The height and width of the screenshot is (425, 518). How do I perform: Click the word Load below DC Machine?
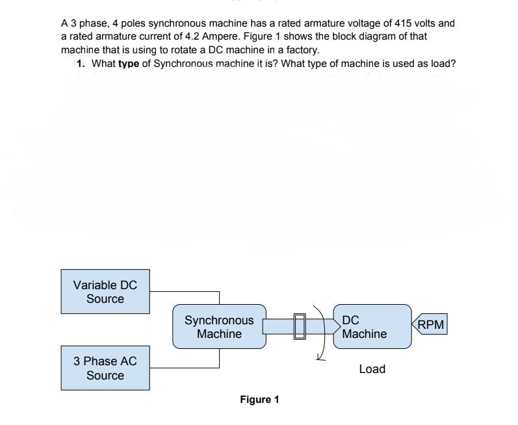[372, 369]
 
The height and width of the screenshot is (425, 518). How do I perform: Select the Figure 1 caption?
[259, 399]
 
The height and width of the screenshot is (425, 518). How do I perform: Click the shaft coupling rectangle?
[300, 326]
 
